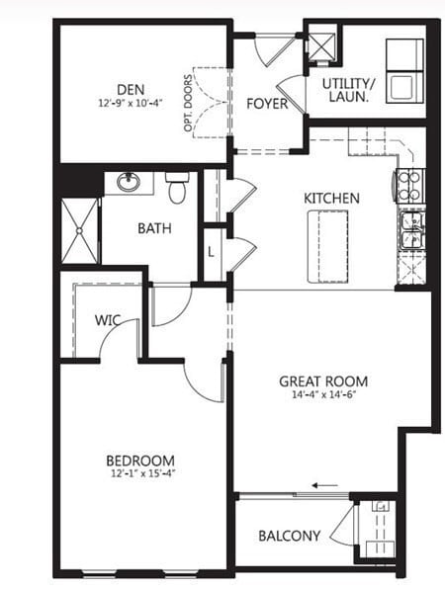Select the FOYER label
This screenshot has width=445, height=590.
tap(266, 102)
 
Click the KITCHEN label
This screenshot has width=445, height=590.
tap(330, 198)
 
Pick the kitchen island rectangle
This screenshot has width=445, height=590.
tap(330, 246)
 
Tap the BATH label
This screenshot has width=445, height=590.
tap(154, 228)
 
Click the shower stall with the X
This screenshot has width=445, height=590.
tap(80, 230)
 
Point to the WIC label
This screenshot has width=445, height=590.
tap(108, 321)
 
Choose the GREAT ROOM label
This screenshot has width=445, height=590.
tap(323, 381)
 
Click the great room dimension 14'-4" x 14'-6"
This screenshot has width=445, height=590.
tap(323, 395)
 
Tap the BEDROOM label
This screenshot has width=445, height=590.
tap(140, 461)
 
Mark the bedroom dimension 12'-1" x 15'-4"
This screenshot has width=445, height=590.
tap(140, 474)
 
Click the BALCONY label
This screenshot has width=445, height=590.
tap(289, 537)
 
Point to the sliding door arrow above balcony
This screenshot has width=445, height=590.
tap(322, 485)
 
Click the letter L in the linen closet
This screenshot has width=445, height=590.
tap(212, 252)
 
